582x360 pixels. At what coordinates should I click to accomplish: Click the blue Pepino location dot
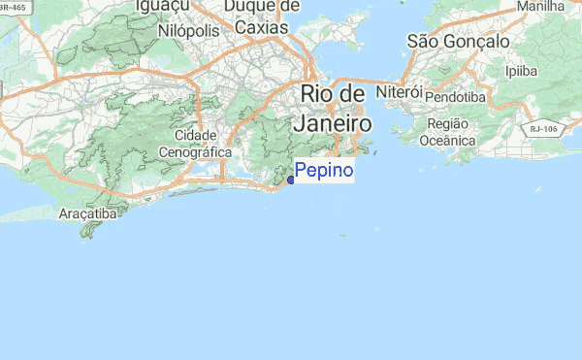tap(291, 180)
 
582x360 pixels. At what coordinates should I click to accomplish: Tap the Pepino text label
tap(324, 172)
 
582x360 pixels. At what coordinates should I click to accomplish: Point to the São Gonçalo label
tap(458, 42)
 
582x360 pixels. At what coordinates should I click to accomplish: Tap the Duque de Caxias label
tap(261, 17)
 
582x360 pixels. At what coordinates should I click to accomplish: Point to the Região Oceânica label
tap(446, 132)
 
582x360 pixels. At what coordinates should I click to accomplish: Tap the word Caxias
tap(261, 27)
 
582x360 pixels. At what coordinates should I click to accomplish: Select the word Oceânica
tap(446, 140)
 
